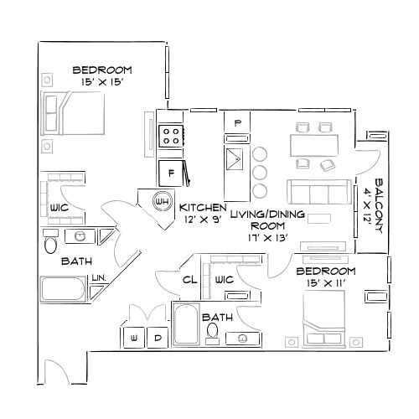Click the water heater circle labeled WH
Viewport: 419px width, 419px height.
pos(162,201)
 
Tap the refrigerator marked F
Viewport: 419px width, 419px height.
pos(171,173)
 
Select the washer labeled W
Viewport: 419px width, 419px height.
pos(134,338)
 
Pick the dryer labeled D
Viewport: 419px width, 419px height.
pos(158,338)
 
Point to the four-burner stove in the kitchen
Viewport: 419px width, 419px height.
pos(171,134)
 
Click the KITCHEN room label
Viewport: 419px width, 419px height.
pos(202,206)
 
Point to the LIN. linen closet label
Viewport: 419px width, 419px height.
pos(98,276)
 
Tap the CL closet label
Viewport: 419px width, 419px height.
pos(189,280)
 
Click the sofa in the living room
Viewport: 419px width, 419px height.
pos(318,192)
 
